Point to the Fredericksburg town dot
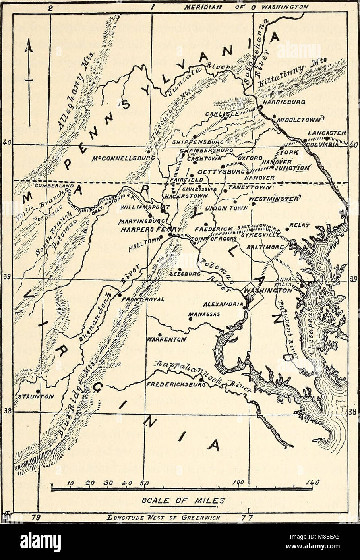click(201, 379)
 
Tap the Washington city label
click(268, 290)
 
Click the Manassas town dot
click(190, 319)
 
